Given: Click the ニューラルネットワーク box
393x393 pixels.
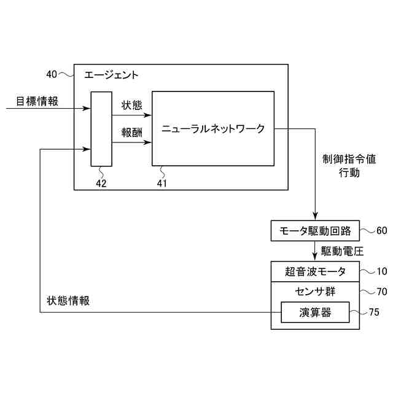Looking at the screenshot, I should click(x=213, y=128).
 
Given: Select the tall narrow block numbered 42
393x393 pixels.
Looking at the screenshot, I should click(x=101, y=128).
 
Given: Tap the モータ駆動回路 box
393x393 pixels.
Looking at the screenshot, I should click(x=315, y=231).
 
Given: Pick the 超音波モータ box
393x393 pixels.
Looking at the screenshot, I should click(x=315, y=271).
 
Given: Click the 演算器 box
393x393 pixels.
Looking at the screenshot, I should click(x=315, y=312).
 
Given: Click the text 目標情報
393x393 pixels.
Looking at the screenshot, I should click(x=37, y=101).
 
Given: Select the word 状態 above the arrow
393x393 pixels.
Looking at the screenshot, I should click(x=131, y=105).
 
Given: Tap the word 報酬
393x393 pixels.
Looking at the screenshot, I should click(x=131, y=133).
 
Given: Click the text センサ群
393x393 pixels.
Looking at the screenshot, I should click(x=315, y=290).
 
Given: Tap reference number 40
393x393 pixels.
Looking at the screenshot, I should click(x=52, y=75).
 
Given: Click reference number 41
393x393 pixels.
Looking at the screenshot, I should click(x=161, y=182).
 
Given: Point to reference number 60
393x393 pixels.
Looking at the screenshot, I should click(x=382, y=231).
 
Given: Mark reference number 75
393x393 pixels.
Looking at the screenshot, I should click(x=374, y=312).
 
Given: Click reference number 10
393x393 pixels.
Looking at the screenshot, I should click(x=382, y=271).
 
